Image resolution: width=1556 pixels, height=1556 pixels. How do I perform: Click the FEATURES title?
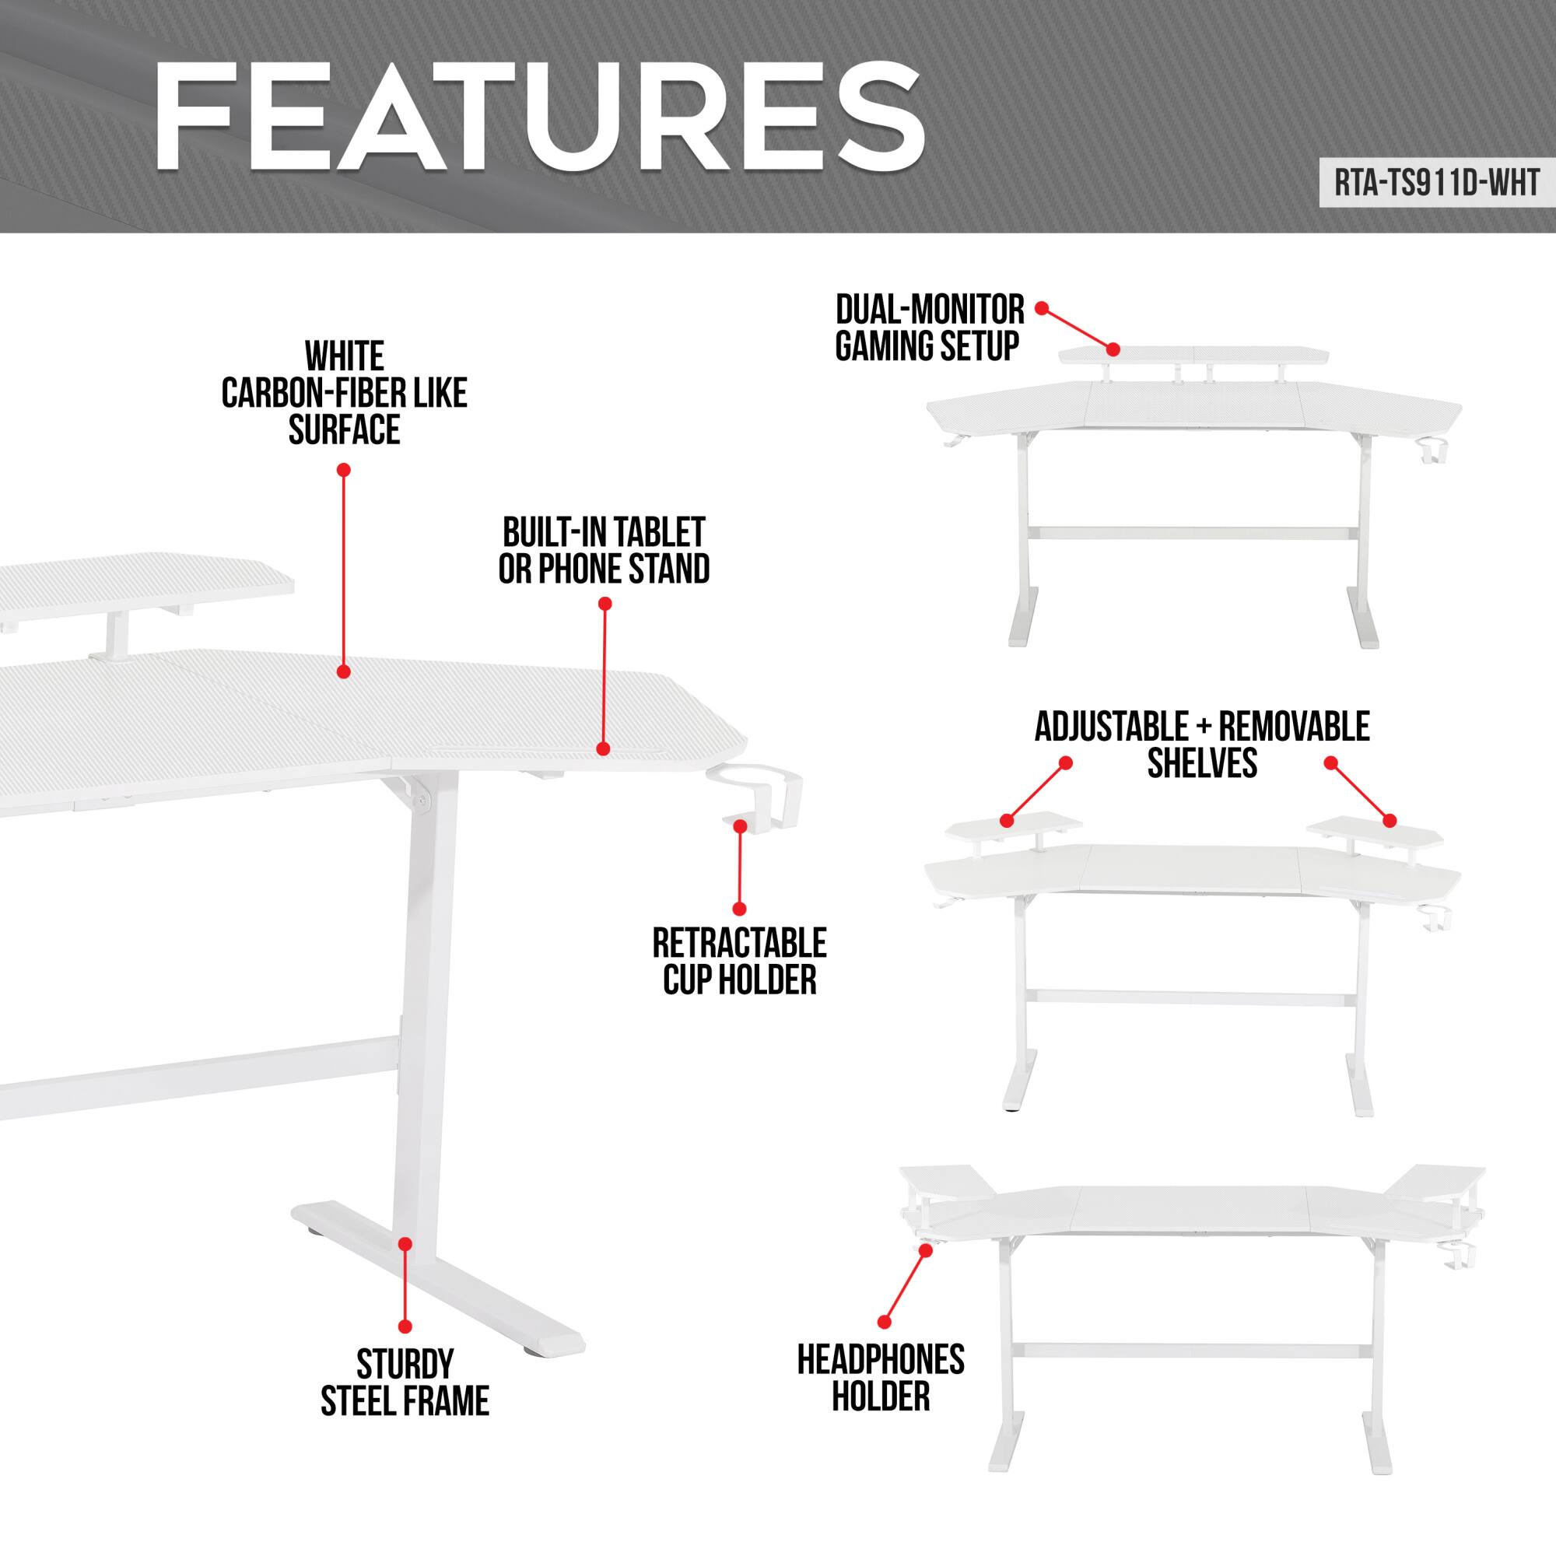tap(538, 118)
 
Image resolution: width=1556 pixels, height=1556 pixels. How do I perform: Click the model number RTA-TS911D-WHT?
tap(1437, 184)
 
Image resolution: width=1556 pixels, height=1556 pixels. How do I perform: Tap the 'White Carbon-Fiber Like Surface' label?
tap(345, 393)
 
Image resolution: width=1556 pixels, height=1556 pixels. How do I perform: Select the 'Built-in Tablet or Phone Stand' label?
tap(604, 551)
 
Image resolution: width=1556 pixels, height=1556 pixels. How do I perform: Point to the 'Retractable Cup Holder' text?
tap(739, 962)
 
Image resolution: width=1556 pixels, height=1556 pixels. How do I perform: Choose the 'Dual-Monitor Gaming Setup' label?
tap(929, 328)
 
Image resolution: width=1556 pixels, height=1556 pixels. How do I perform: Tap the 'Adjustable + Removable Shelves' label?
tap(1202, 745)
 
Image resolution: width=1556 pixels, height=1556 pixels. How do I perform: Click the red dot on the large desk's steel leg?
tap(405, 1244)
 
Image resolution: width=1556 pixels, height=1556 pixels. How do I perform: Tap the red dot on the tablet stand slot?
tap(603, 749)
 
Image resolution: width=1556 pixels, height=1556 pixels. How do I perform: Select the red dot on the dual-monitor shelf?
tap(1113, 349)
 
